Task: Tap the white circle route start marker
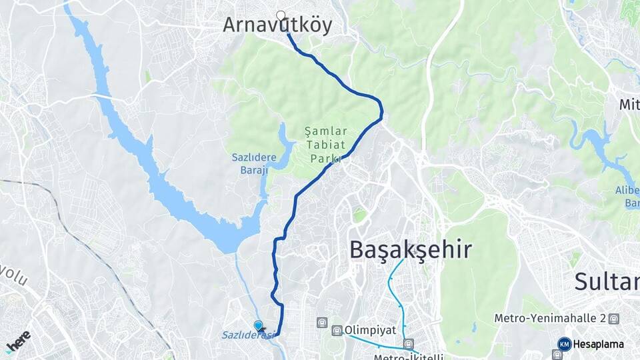pyautogui.click(x=281, y=15)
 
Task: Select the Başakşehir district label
pyautogui.click(x=411, y=250)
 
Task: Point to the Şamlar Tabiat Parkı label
pyautogui.click(x=323, y=143)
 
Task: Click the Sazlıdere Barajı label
pyautogui.click(x=250, y=163)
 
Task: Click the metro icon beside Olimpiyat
pyautogui.click(x=337, y=330)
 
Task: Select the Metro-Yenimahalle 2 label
pyautogui.click(x=549, y=319)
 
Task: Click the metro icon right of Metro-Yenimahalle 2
pyautogui.click(x=613, y=319)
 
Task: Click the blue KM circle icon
pyautogui.click(x=564, y=344)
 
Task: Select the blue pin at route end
pyautogui.click(x=259, y=325)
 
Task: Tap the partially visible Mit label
pyautogui.click(x=629, y=105)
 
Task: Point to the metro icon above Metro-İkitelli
pyautogui.click(x=408, y=344)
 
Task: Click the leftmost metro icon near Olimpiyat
pyautogui.click(x=323, y=323)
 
